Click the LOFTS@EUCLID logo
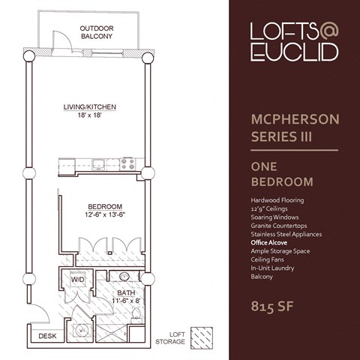click(293, 42)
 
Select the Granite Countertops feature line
click(280, 226)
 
